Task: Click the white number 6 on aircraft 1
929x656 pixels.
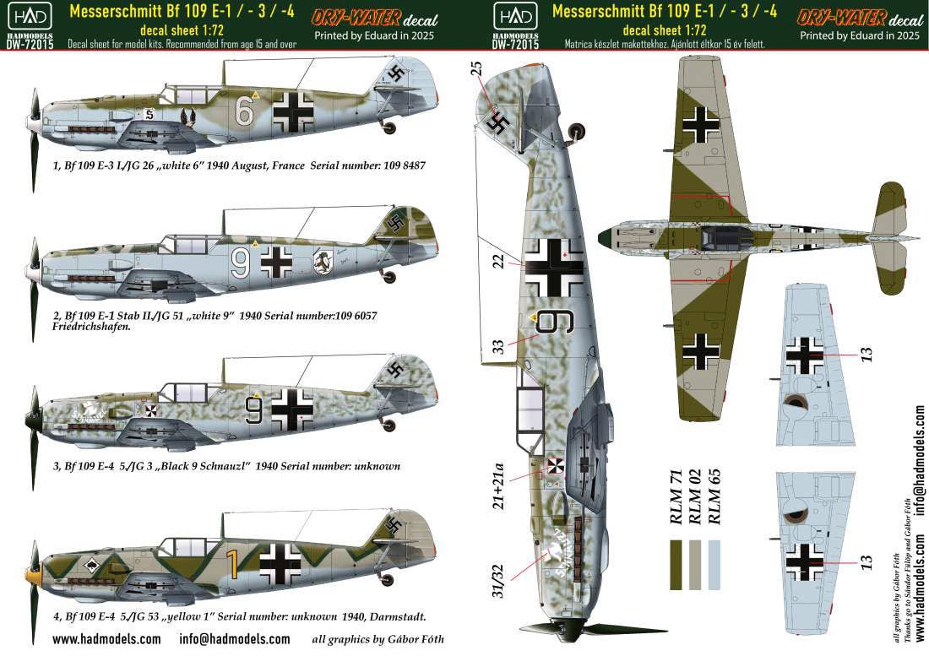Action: coord(244,111)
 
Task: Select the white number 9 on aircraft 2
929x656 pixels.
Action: coord(240,263)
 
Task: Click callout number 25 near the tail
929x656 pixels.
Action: coord(477,68)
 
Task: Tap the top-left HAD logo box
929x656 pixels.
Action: coord(30,17)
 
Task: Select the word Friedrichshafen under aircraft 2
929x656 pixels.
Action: coord(91,326)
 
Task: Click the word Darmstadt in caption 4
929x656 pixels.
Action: coord(398,616)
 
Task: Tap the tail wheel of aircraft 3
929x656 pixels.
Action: coord(388,426)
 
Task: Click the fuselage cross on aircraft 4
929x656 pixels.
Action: coord(281,559)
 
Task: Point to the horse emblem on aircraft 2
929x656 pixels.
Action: coord(323,261)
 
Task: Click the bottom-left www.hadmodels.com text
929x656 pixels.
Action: coord(106,639)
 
